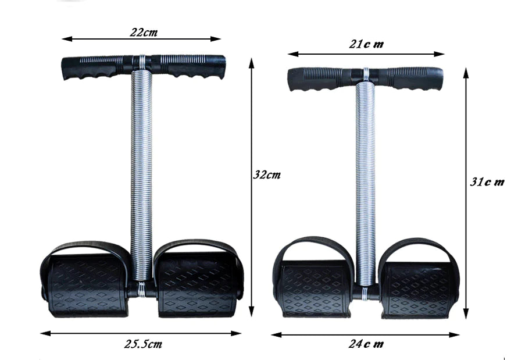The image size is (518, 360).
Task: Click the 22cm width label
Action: click(x=143, y=32)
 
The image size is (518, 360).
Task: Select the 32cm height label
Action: click(x=267, y=174)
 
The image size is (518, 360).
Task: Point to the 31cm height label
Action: click(x=487, y=181)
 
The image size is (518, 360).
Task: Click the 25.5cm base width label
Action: click(x=143, y=344)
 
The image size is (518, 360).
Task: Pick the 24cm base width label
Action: click(x=366, y=344)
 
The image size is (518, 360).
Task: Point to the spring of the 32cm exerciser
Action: click(x=141, y=174)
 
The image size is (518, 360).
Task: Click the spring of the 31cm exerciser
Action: click(x=366, y=180)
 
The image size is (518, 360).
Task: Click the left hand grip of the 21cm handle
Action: click(x=317, y=78)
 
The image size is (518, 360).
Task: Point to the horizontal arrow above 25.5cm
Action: click(x=141, y=333)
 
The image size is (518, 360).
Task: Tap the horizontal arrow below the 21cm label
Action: click(x=366, y=54)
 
